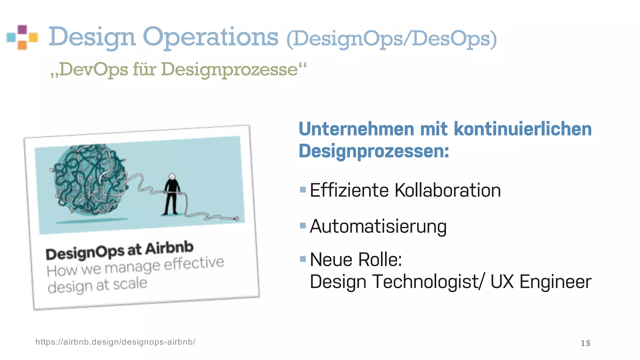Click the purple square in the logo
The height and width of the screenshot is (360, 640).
pos(22,30)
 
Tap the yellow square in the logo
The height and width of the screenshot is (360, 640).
pos(33,37)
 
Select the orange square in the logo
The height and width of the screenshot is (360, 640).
pos(22,45)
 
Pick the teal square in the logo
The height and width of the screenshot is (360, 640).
pos(11,37)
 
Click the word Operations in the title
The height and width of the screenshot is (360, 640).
pos(210,37)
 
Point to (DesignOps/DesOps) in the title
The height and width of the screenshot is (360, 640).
pos(391,39)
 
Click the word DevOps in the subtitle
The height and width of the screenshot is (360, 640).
pos(93,69)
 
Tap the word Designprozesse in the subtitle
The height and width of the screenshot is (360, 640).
pos(229,69)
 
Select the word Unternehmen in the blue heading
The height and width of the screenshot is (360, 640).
pos(356,129)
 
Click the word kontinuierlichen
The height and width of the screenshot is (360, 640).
pos(522,129)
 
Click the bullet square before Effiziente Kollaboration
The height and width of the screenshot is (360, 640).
pos(302,189)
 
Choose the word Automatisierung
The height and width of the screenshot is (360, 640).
pos(378,227)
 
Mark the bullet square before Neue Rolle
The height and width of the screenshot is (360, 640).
pos(302,259)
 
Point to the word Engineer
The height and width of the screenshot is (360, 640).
pos(555,282)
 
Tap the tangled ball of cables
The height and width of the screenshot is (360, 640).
pos(91,180)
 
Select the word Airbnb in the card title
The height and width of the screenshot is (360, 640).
pos(169,248)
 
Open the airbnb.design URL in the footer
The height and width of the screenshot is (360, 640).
pos(115,342)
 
